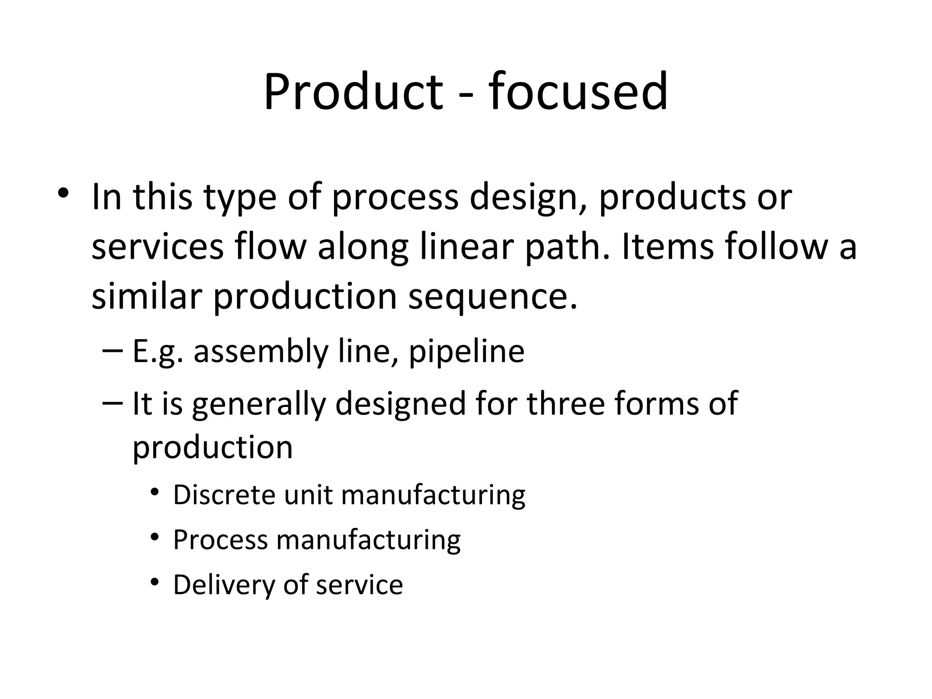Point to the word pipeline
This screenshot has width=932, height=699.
click(466, 352)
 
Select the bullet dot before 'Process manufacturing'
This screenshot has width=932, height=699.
click(155, 537)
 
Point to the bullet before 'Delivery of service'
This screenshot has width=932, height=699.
click(155, 582)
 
